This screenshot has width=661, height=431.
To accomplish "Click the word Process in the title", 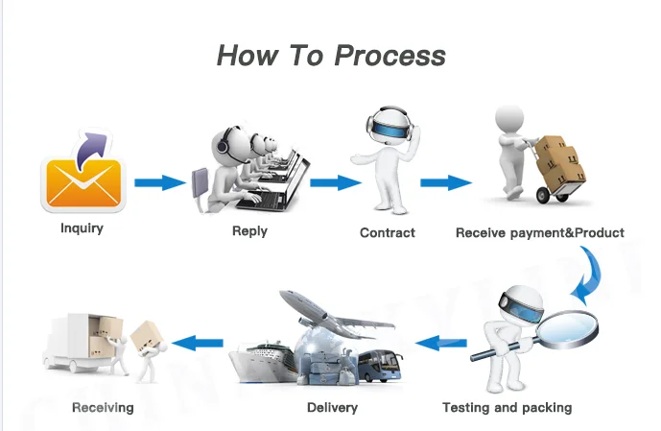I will (390, 55).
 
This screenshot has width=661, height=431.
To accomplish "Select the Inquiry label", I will (82, 228).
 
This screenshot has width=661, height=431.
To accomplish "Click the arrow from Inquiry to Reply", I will (159, 182).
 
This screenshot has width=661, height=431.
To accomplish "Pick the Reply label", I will (249, 231).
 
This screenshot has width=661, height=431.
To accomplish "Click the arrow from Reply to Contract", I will (334, 182).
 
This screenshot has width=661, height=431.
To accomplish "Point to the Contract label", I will (388, 232).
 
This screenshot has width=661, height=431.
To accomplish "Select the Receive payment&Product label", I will (539, 232).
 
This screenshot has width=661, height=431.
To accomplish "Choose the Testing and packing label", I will (507, 407).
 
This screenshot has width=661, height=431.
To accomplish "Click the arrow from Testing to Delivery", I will (440, 341).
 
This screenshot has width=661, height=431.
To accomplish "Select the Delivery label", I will (332, 407).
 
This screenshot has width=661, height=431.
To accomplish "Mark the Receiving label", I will (103, 407).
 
